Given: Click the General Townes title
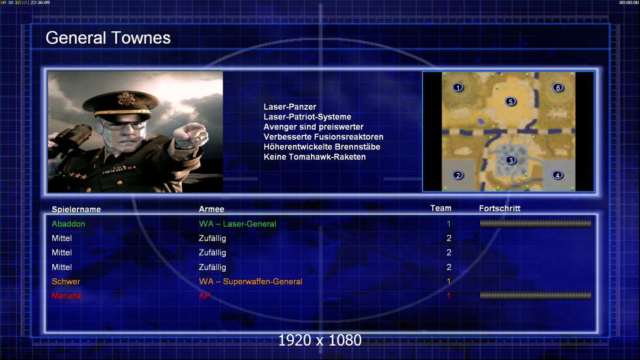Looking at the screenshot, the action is [x=108, y=38].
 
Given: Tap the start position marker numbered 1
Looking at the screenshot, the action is [x=458, y=87].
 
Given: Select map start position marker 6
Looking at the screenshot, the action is [x=558, y=87].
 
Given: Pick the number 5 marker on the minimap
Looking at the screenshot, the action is [x=510, y=101].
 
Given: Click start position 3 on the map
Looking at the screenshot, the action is [x=510, y=160].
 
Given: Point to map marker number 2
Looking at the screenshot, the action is [x=458, y=175].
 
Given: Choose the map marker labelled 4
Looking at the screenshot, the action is [x=558, y=175].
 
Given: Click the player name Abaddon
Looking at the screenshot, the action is [x=68, y=224].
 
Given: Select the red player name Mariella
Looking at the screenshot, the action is [x=66, y=296].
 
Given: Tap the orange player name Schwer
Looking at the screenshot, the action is [x=65, y=282].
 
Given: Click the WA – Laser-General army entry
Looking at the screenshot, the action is [x=238, y=224].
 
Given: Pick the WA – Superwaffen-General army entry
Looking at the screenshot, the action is [x=250, y=282].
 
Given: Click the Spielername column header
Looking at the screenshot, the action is [x=76, y=209].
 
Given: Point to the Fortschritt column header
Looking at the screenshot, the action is [x=500, y=208].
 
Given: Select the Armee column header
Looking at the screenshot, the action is [x=211, y=209].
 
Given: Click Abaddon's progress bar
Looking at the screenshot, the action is [x=536, y=223].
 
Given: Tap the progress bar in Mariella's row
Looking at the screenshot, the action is [x=536, y=296].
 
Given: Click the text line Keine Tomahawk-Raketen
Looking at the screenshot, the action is [x=315, y=157].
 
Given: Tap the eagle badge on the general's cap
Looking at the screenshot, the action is [x=125, y=98].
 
